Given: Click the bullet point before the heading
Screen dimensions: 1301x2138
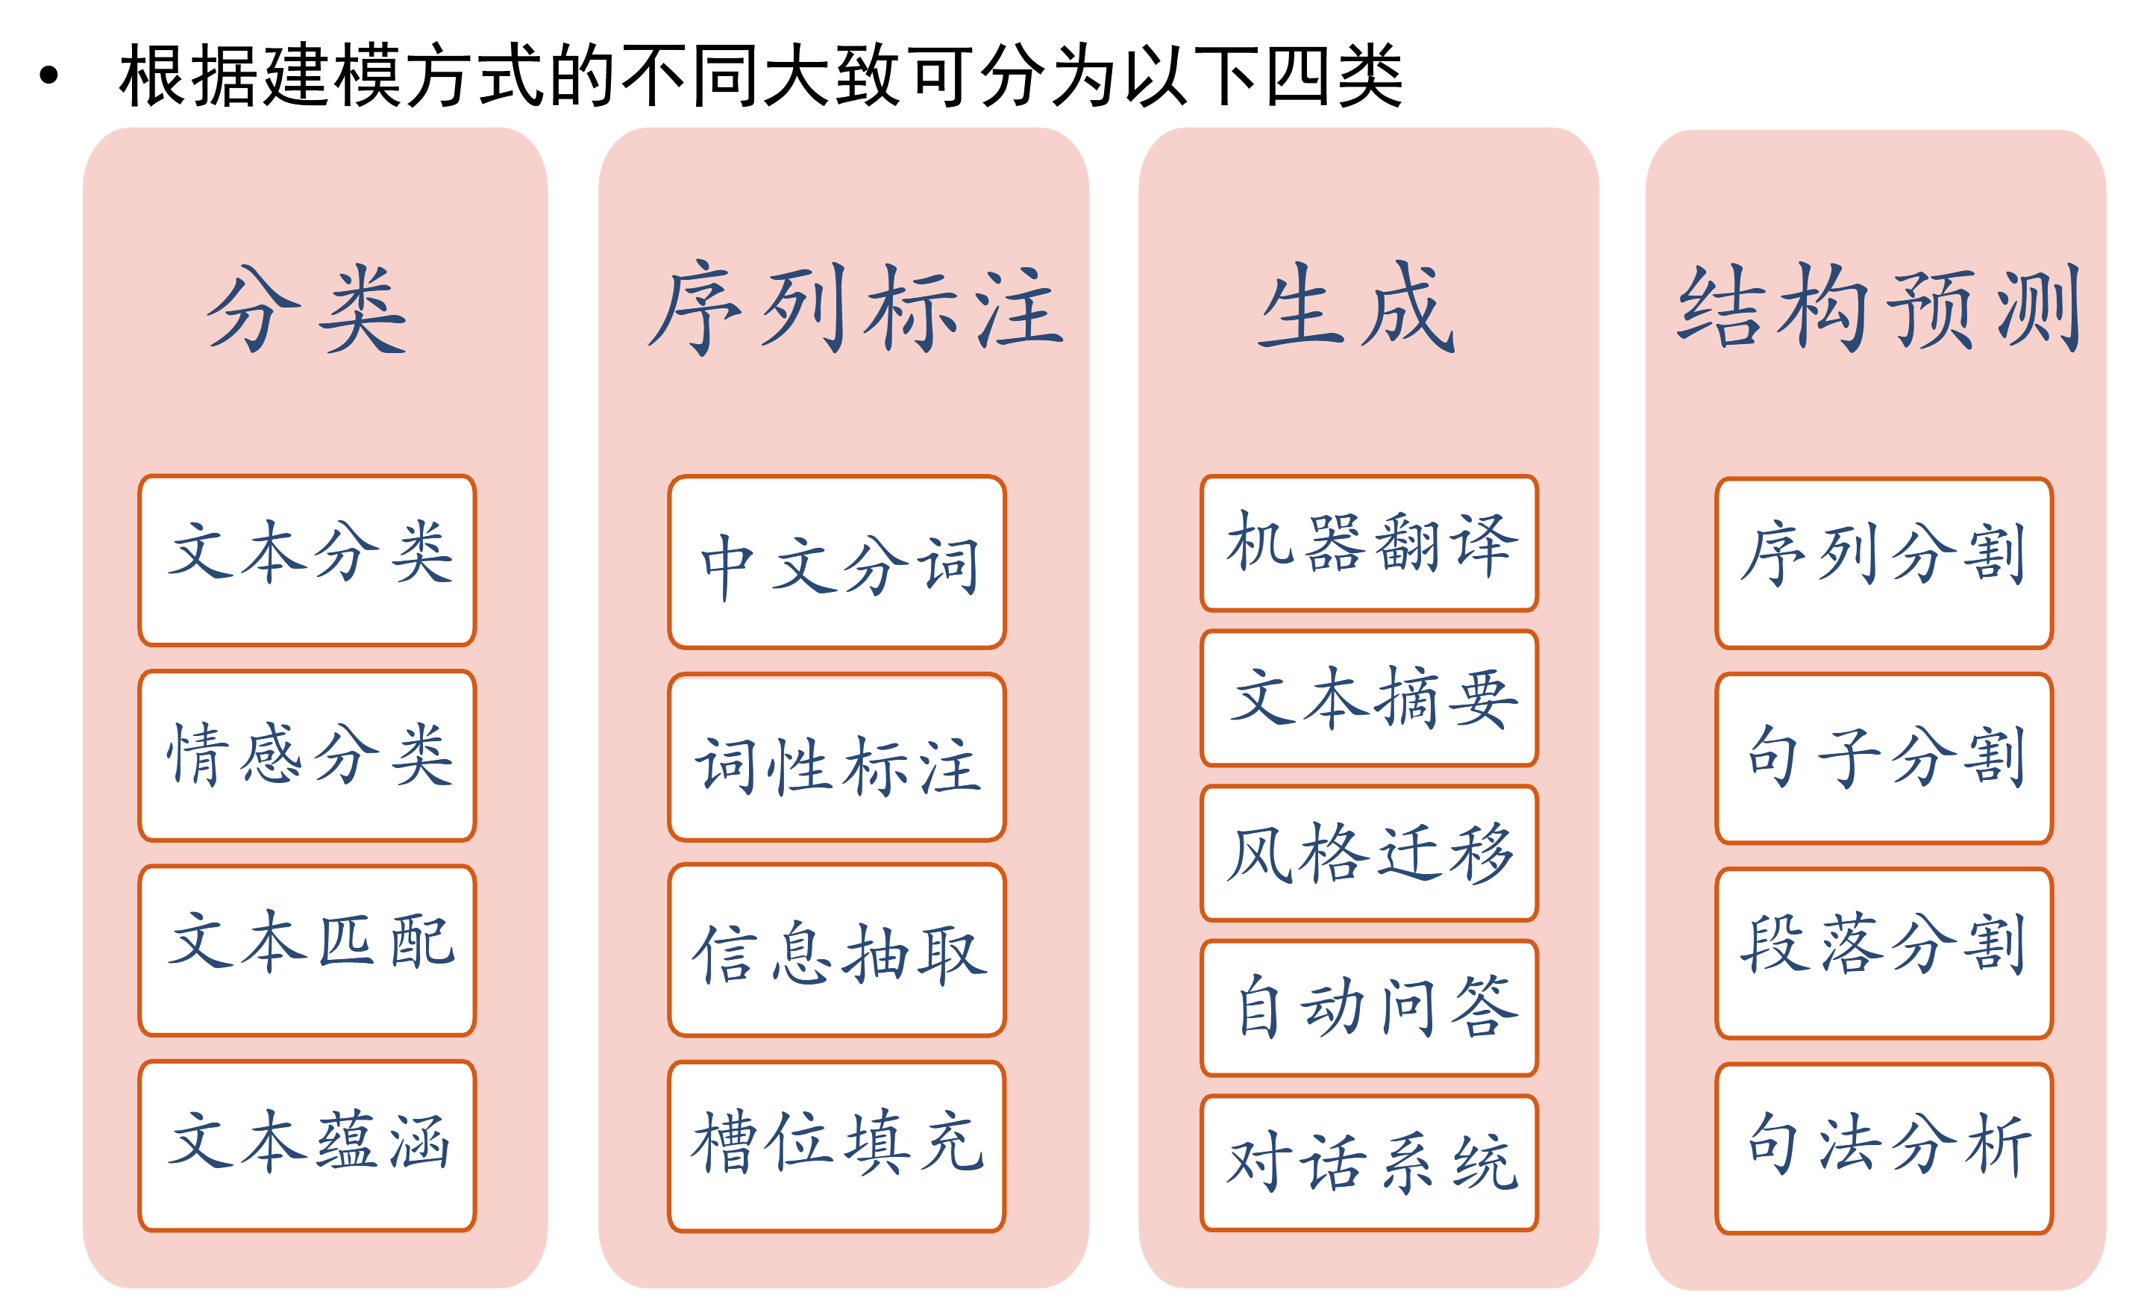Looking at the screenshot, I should pyautogui.click(x=48, y=75).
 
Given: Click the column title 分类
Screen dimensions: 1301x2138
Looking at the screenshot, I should pyautogui.click(x=307, y=309).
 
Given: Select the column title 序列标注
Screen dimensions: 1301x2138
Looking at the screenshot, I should pyautogui.click(x=856, y=309).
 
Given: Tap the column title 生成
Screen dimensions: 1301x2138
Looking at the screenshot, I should pyautogui.click(x=1357, y=308).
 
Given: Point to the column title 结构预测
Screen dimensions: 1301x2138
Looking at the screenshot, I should pyautogui.click(x=1879, y=308).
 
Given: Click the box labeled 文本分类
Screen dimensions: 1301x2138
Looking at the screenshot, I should pyautogui.click(x=307, y=561).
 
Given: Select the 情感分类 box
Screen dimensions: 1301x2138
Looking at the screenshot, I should pyautogui.click(x=307, y=756).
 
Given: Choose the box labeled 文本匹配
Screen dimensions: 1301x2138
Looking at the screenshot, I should pyautogui.click(x=307, y=951).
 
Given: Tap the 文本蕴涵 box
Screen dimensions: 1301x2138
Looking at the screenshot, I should pyautogui.click(x=307, y=1146).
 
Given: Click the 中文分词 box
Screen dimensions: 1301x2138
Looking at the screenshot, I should pyautogui.click(x=837, y=562).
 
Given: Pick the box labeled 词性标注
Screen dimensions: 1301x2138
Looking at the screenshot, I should pyautogui.click(x=837, y=758).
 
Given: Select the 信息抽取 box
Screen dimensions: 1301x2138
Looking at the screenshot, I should pyautogui.click(x=837, y=951).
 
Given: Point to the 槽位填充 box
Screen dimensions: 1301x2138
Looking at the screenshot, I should pyautogui.click(x=837, y=1146).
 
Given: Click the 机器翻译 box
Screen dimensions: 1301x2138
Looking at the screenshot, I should pyautogui.click(x=1369, y=543).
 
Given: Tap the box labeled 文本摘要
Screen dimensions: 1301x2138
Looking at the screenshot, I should pyautogui.click(x=1369, y=699).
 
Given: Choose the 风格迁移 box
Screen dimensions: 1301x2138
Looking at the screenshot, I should pyautogui.click(x=1369, y=854).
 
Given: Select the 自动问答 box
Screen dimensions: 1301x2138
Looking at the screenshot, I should pyautogui.click(x=1369, y=1008).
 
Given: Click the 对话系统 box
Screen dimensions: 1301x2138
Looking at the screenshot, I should pyautogui.click(x=1369, y=1163).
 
